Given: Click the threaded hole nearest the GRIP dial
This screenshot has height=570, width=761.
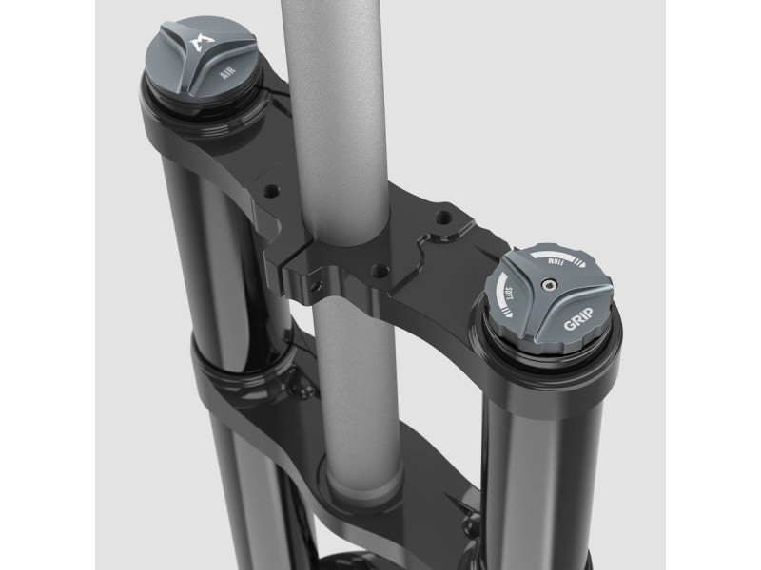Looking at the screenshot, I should coord(439,218).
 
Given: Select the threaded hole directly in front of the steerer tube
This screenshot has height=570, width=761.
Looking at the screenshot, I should coord(379,270).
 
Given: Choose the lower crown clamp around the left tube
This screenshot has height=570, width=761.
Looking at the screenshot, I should coord(238,380).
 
